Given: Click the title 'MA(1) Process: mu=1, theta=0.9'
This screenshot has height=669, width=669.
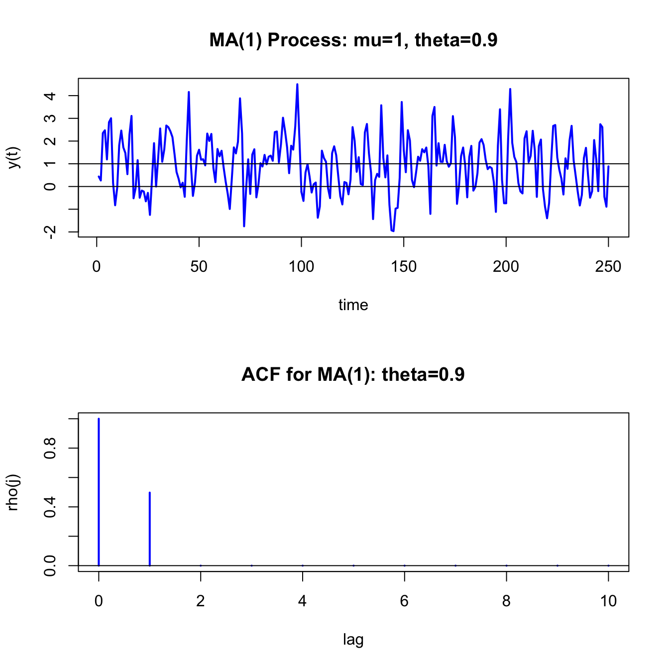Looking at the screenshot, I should click(353, 40).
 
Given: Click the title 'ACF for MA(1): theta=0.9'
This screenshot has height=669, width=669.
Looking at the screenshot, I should click(353, 374).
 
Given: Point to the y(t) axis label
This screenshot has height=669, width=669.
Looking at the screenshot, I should click(14, 157).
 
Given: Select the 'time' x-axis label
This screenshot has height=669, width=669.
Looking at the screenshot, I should click(353, 305).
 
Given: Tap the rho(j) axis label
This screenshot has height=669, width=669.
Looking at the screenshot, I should click(14, 492).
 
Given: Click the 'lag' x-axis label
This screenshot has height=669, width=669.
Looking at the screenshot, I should click(353, 639).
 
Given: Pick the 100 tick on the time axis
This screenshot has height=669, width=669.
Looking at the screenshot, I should click(301, 267).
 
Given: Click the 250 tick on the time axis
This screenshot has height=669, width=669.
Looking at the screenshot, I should click(608, 267).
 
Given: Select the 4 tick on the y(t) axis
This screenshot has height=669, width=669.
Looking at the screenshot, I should click(50, 96).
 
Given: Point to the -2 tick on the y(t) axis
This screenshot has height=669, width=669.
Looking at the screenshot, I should click(50, 232).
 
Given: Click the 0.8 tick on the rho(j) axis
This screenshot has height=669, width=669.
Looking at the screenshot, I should click(50, 448).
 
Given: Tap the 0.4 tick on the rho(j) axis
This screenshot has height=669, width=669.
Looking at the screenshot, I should click(50, 507).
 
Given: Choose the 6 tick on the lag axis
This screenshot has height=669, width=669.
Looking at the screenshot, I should click(404, 601).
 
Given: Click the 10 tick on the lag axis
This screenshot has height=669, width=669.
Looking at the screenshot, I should click(608, 601).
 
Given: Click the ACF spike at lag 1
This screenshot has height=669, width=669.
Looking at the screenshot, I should click(150, 529).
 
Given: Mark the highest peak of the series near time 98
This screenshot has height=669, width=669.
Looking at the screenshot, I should click(297, 85).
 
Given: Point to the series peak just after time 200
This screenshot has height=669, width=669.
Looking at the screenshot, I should click(510, 90).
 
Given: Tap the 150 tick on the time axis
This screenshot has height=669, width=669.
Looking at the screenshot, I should click(404, 267).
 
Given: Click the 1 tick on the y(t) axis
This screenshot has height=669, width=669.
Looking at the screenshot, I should click(50, 164).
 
